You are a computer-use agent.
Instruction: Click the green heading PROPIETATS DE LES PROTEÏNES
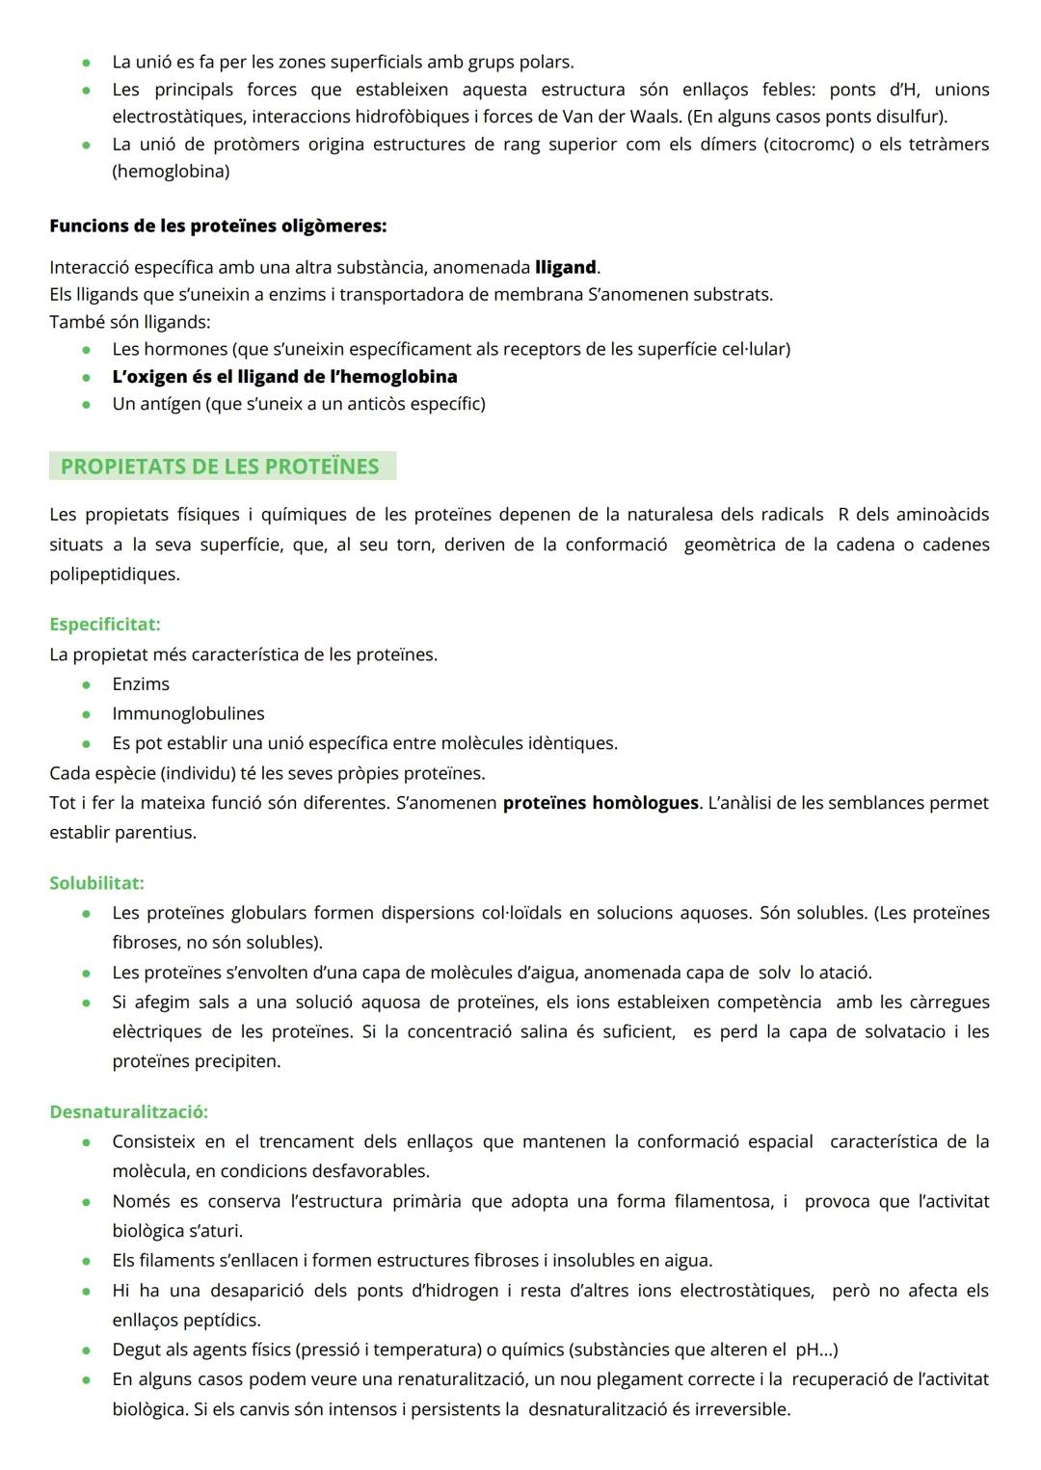click(220, 467)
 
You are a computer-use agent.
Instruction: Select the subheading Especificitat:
click(105, 625)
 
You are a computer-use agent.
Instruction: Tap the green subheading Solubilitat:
click(96, 883)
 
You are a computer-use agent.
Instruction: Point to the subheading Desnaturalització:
click(128, 1111)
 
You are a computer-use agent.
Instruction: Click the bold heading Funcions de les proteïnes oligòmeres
click(218, 227)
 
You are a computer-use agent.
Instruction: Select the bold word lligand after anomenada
click(566, 267)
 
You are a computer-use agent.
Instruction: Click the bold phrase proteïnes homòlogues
click(601, 803)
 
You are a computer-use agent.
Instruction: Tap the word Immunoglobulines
click(188, 714)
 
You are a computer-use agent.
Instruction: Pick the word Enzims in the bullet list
click(141, 684)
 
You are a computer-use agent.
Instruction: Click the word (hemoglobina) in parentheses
click(171, 172)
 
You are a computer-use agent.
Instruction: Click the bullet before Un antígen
click(87, 405)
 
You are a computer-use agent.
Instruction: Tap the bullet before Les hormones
click(87, 350)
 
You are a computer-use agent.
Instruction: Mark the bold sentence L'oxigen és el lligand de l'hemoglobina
click(284, 377)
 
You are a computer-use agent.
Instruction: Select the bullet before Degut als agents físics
click(87, 1350)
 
